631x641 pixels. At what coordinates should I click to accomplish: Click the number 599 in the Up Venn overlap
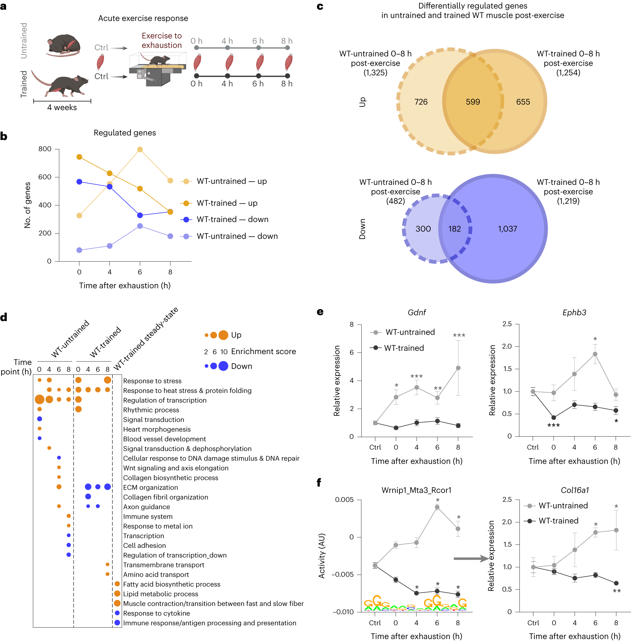point(473,102)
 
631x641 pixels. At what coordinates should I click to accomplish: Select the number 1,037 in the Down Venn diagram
point(507,229)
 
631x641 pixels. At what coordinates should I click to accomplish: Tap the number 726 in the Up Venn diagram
point(420,102)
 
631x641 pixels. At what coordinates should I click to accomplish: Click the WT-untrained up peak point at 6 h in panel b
point(140,149)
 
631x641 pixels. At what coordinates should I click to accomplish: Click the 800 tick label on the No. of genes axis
point(45,149)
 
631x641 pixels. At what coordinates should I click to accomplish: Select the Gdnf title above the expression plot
point(417,312)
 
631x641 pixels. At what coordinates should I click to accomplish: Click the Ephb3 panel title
point(574,312)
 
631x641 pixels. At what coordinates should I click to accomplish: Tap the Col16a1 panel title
point(575,490)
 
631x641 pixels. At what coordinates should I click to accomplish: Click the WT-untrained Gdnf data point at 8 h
point(458,368)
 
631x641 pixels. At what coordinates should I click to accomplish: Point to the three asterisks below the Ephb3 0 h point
point(554,425)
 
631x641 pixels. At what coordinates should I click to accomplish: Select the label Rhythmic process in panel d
point(151,410)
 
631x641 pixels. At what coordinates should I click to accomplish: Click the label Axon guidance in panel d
point(146,507)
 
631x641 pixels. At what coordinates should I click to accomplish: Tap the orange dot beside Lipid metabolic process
point(117,593)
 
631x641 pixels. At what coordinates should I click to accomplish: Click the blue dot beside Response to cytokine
point(117,613)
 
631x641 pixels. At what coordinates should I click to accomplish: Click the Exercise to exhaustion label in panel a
point(161,40)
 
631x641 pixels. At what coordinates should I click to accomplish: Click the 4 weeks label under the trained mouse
point(62,107)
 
